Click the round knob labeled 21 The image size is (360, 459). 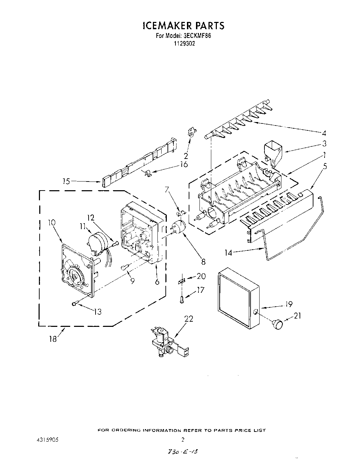pos(278,324)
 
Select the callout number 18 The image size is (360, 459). pos(53,339)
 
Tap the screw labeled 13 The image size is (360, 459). pos(74,304)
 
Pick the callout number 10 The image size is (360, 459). pos(52,223)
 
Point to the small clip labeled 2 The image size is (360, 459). pos(191,132)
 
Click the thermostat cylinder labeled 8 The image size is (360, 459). pos(179,226)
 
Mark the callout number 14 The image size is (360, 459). pos(228,253)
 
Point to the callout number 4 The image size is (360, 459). pos(324,132)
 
